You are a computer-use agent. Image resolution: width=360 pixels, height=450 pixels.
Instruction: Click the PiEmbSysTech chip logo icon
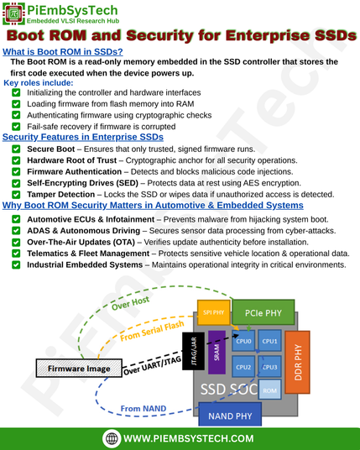[13, 13]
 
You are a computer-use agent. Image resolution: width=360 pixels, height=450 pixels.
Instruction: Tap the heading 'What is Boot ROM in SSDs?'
[63, 52]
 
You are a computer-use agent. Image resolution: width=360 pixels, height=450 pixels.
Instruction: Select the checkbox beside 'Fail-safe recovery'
[16, 127]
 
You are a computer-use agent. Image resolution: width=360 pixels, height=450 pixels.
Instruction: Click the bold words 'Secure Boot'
[51, 149]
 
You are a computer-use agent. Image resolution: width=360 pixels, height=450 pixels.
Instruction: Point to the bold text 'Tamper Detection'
[60, 194]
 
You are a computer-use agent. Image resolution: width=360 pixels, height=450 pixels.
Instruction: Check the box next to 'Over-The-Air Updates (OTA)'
[16, 242]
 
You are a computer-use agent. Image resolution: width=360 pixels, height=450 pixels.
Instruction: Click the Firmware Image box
[79, 369]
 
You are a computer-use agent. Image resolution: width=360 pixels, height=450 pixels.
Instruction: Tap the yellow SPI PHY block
[214, 312]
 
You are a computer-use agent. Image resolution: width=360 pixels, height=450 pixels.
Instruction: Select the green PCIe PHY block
[263, 312]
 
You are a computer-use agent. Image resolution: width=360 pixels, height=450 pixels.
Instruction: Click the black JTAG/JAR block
[194, 351]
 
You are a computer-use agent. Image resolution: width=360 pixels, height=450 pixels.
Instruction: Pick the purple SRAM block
[217, 353]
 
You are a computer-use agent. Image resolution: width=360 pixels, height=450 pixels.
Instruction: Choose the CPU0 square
[243, 341]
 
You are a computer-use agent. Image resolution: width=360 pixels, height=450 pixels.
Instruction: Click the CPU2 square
[243, 367]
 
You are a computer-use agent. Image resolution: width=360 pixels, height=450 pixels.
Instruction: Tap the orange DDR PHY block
[297, 362]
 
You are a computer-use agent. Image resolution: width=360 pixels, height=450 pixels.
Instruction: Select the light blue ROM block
[269, 390]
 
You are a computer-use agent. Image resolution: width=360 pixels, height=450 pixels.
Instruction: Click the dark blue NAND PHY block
[230, 416]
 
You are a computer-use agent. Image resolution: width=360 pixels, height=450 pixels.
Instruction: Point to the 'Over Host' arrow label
[131, 303]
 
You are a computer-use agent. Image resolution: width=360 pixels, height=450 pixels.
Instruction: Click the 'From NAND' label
[143, 408]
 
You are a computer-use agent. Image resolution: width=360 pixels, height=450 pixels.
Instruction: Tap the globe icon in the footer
[112, 438]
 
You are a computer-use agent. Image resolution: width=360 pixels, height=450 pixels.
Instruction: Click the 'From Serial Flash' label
[152, 331]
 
